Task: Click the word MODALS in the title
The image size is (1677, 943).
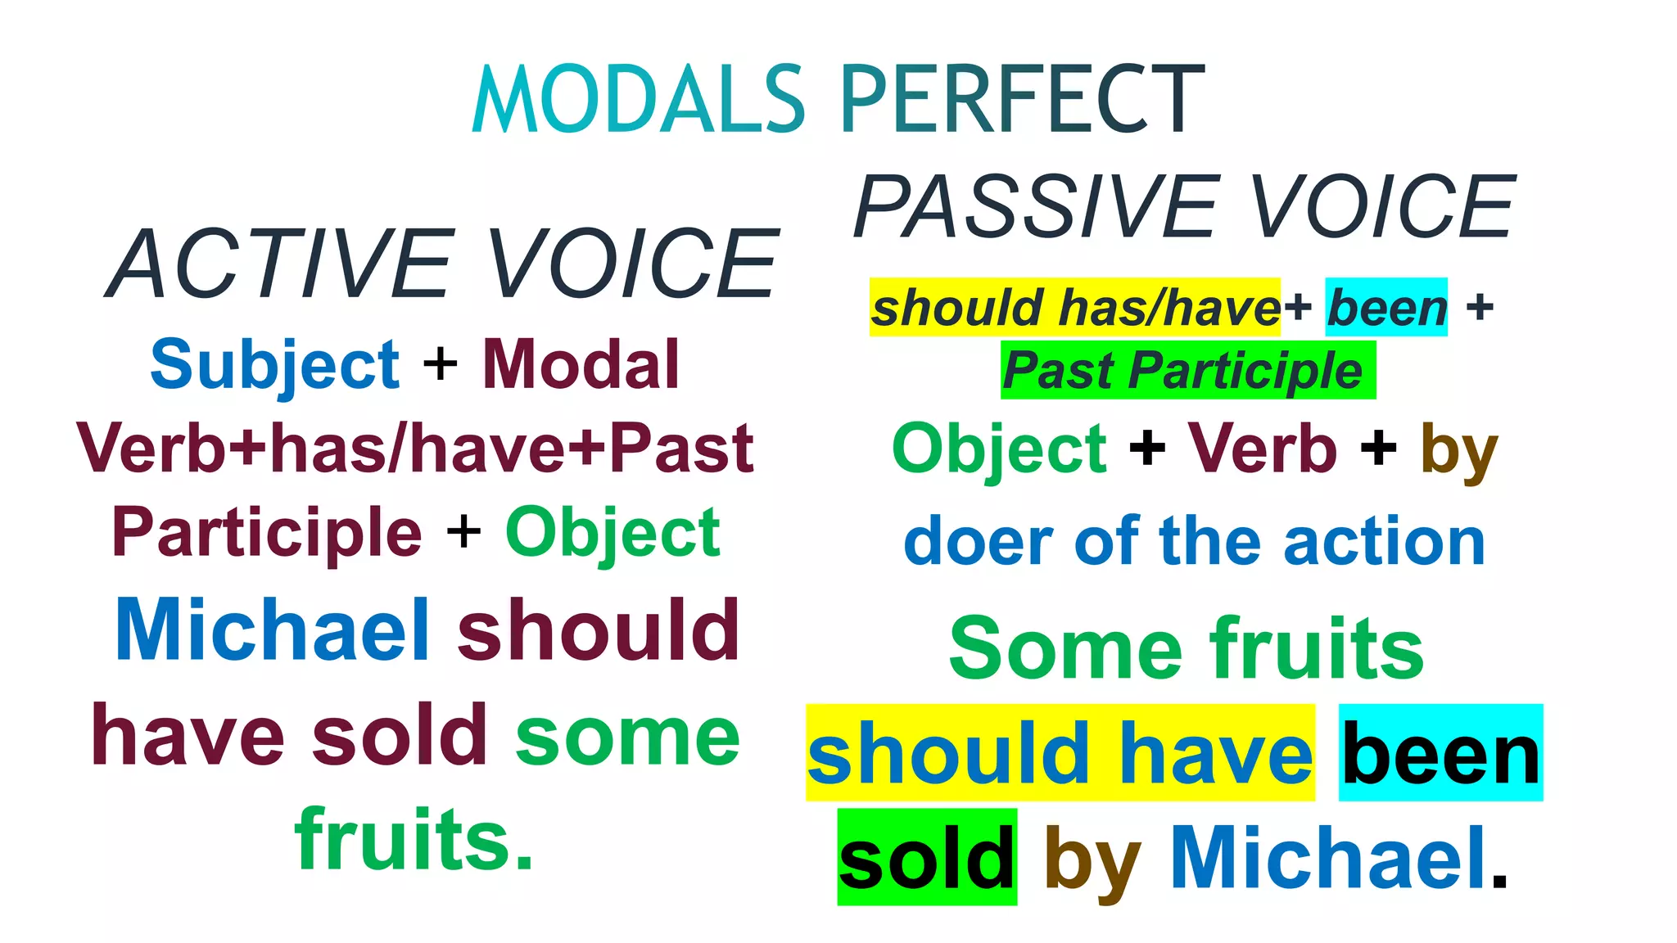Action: pyautogui.click(x=640, y=100)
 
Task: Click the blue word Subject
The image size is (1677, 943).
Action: pyautogui.click(x=275, y=365)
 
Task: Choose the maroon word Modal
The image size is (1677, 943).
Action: pyautogui.click(x=581, y=365)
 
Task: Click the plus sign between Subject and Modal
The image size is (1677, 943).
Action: pyautogui.click(x=441, y=365)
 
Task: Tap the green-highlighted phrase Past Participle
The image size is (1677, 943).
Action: pyautogui.click(x=1187, y=371)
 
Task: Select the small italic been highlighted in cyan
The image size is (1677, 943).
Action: pyautogui.click(x=1386, y=308)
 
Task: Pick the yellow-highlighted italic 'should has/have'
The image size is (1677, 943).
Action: pyautogui.click(x=1074, y=308)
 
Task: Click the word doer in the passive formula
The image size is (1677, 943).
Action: pyautogui.click(x=978, y=542)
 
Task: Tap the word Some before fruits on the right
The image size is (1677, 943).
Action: pyautogui.click(x=1065, y=649)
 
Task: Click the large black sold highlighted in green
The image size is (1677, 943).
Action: pyautogui.click(x=927, y=859)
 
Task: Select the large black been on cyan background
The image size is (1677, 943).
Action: pyautogui.click(x=1440, y=754)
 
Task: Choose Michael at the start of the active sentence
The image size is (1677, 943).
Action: pyautogui.click(x=273, y=629)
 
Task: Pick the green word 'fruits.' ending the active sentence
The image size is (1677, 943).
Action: pyautogui.click(x=414, y=840)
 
